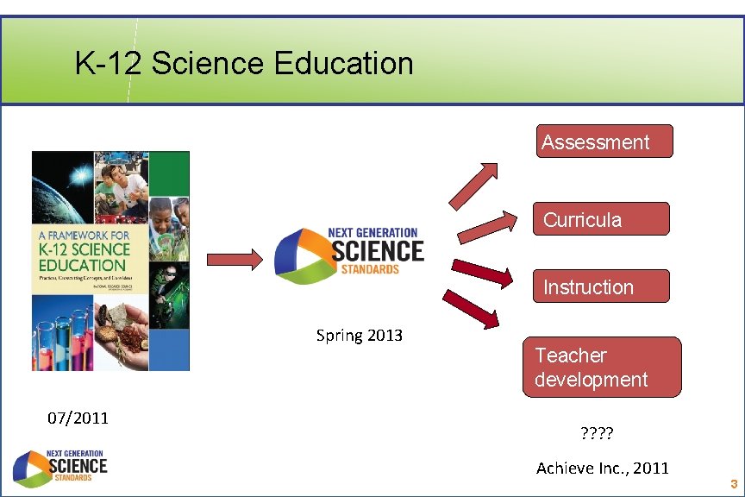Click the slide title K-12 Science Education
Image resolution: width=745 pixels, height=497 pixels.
244,64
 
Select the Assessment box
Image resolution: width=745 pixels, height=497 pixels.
604,142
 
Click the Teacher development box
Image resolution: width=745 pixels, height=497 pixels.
601,367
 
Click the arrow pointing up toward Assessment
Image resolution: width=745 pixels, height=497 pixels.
473,183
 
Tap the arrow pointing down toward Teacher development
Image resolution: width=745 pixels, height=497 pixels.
472,308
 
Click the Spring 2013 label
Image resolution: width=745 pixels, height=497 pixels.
360,336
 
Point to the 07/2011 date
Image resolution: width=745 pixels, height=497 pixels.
78,418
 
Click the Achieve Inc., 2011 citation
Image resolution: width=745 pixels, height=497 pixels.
602,469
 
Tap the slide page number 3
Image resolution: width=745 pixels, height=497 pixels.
733,484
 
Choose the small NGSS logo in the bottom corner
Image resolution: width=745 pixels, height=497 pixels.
60,467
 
